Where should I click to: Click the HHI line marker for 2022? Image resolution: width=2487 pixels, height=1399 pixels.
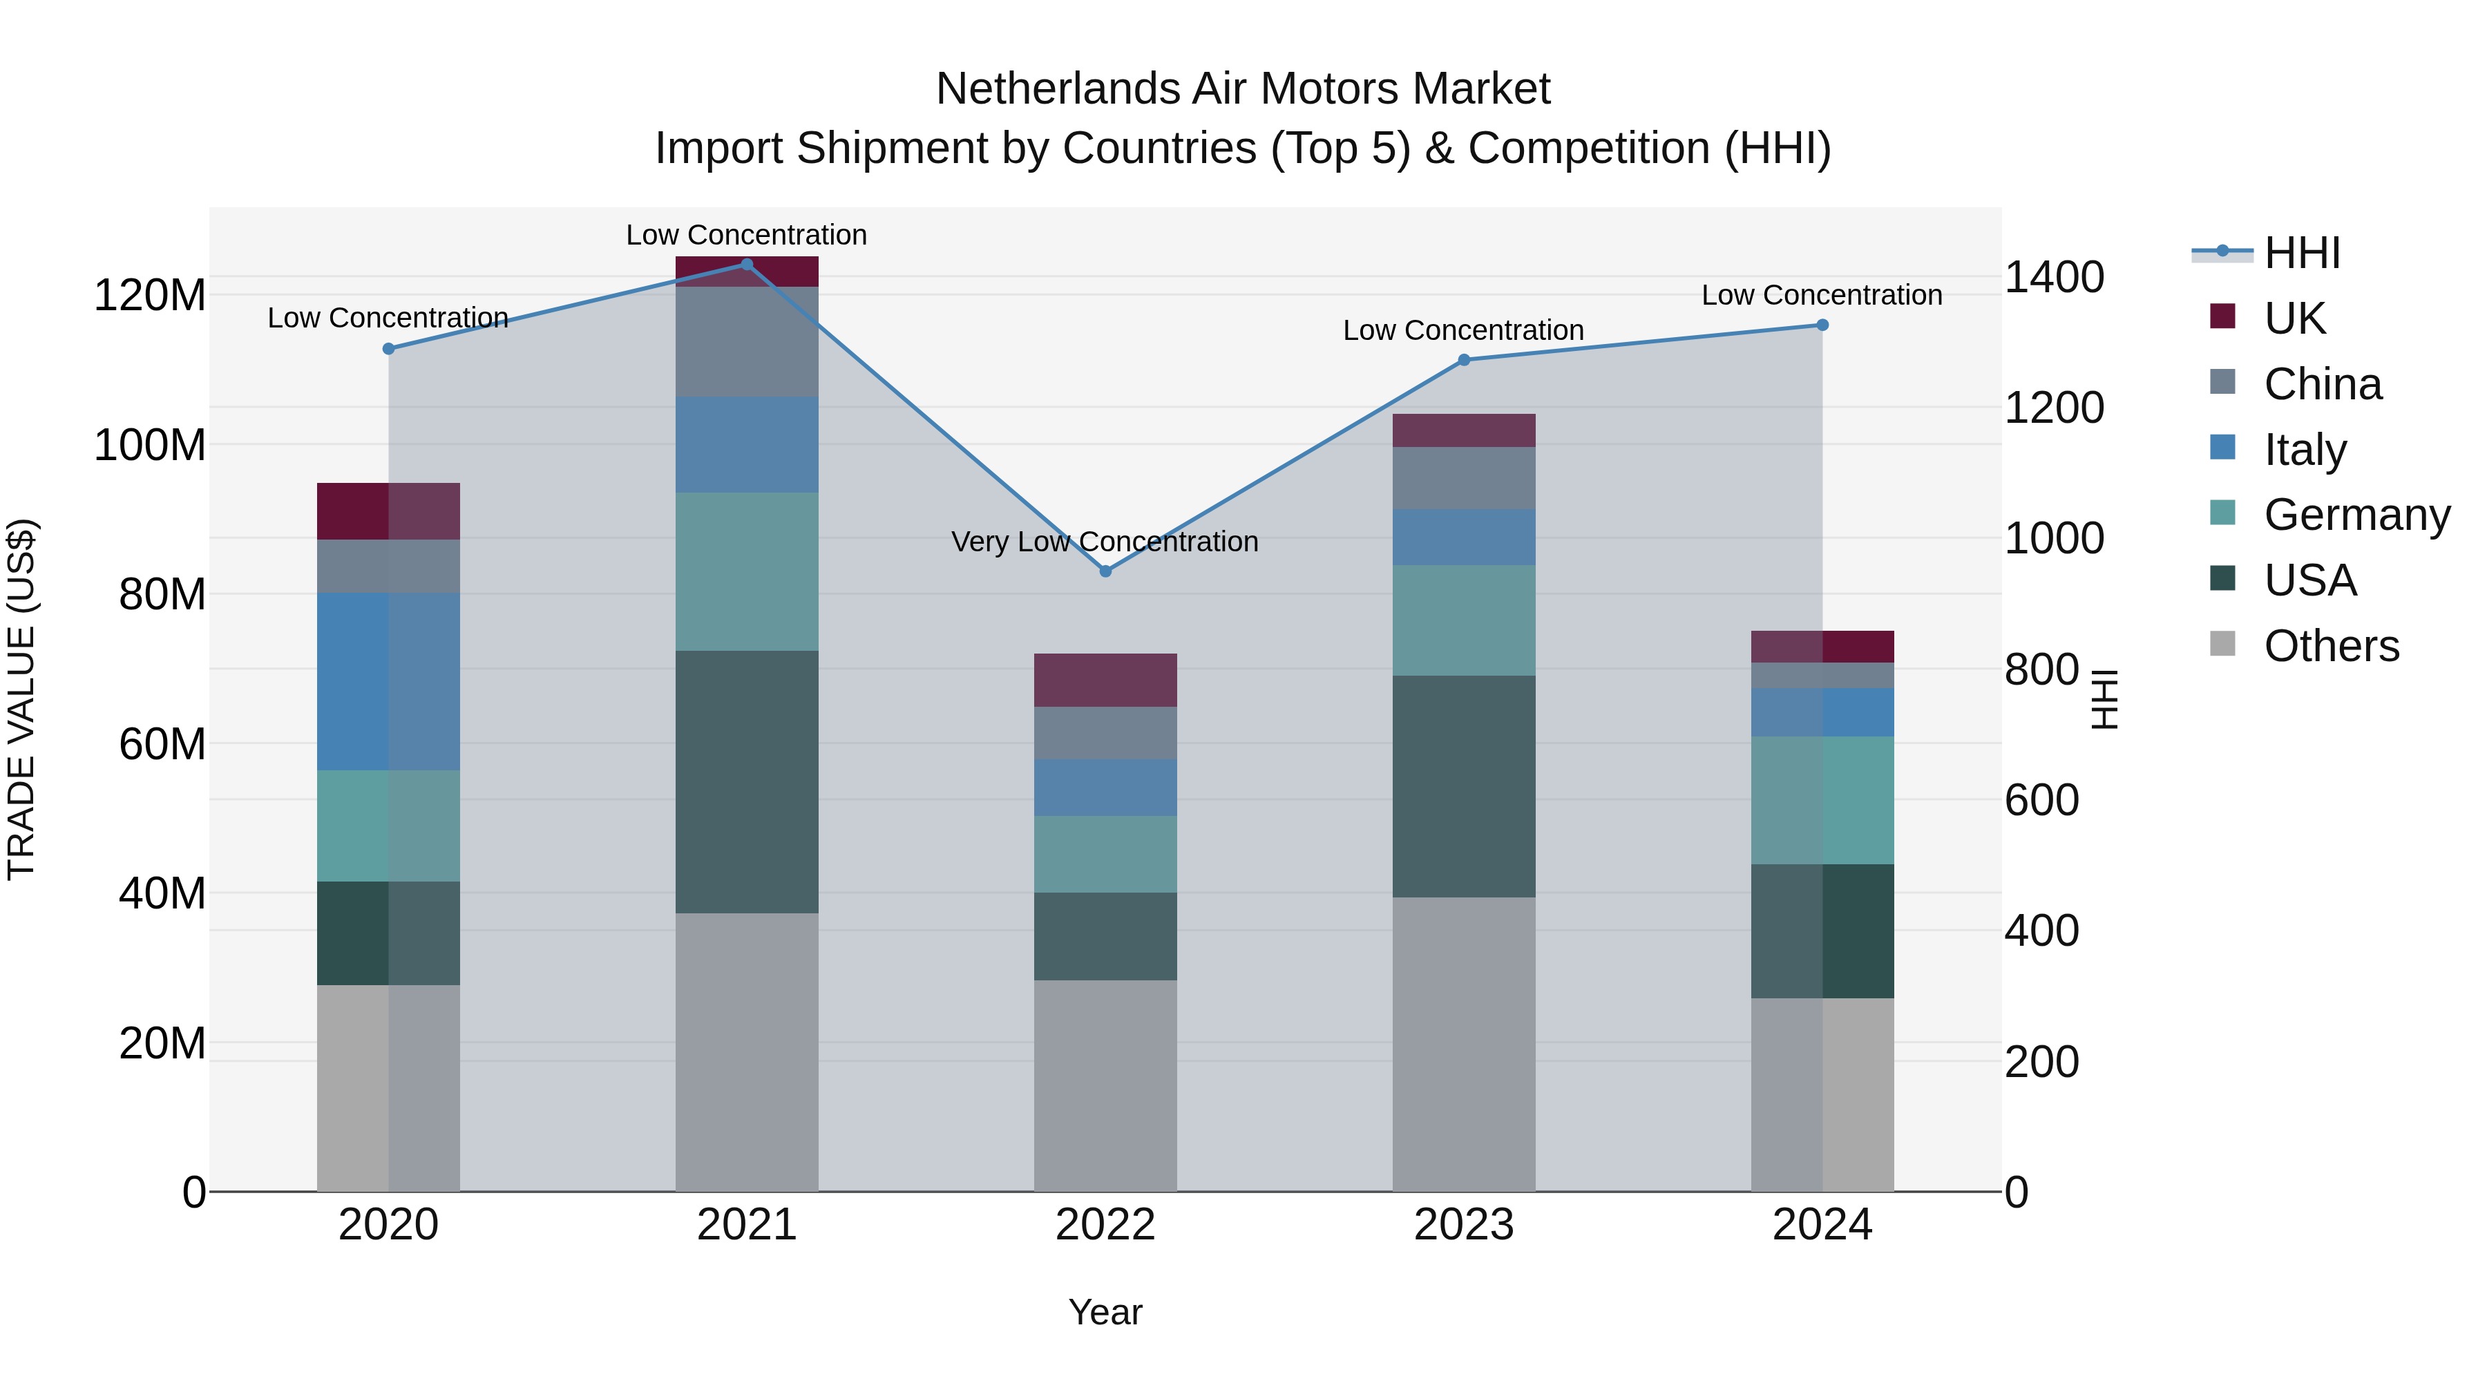click(x=1105, y=571)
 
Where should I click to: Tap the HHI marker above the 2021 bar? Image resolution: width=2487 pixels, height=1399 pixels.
click(x=746, y=265)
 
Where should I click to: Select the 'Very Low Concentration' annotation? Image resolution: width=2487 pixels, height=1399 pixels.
click(x=1105, y=542)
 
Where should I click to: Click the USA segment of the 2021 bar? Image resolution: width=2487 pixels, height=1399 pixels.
click(x=746, y=781)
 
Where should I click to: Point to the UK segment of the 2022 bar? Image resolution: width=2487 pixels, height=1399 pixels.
click(x=1105, y=680)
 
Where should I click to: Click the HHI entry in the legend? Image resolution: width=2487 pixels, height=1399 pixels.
click(x=2302, y=253)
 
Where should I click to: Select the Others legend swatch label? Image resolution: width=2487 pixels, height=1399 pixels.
click(x=2331, y=646)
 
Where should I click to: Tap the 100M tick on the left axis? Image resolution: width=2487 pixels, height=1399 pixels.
click(x=150, y=445)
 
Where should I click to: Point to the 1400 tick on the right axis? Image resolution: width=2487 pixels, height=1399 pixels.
click(x=2054, y=277)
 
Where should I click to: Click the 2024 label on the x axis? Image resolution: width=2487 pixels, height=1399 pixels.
click(x=1822, y=1225)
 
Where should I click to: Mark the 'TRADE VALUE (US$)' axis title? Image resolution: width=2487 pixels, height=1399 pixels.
click(x=21, y=699)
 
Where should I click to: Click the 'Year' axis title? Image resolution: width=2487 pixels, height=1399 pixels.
click(x=1105, y=1312)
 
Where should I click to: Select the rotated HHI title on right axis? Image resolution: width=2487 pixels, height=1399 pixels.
click(x=2104, y=699)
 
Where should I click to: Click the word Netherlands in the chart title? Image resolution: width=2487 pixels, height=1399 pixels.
click(x=1056, y=89)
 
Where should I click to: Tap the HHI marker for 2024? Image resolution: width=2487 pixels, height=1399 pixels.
click(x=1822, y=325)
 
